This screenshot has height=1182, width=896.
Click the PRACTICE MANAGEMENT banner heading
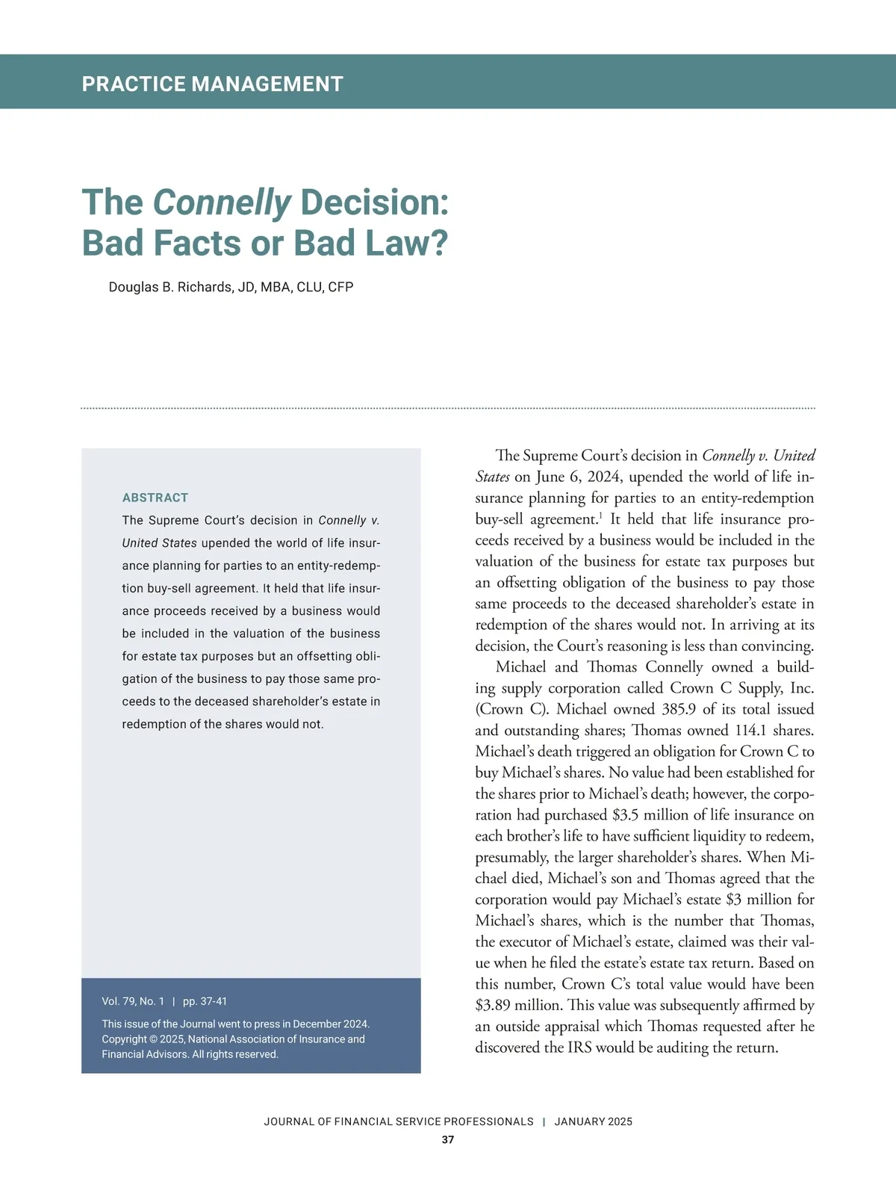click(x=212, y=84)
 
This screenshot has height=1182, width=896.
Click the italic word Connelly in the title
click(x=221, y=202)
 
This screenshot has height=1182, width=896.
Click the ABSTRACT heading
click(x=155, y=498)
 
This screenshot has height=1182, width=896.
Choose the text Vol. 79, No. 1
click(x=133, y=1001)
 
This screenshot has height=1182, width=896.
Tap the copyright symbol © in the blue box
click(x=153, y=1039)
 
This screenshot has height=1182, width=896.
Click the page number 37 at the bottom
click(x=448, y=1140)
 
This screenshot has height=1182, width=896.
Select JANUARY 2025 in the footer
click(x=593, y=1121)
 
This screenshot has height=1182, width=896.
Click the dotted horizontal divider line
click(x=448, y=409)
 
